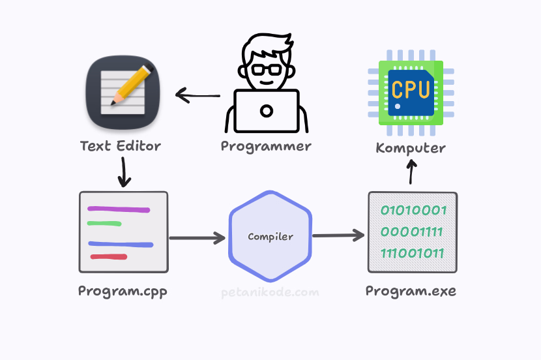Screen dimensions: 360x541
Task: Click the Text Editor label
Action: pyautogui.click(x=120, y=145)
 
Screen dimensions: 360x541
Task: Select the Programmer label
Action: pyautogui.click(x=266, y=146)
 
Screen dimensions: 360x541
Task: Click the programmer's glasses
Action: pyautogui.click(x=265, y=68)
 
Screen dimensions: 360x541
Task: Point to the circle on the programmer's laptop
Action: pyautogui.click(x=266, y=111)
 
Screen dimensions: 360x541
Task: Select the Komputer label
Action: pyautogui.click(x=411, y=148)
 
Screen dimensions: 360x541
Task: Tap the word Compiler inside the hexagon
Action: pyautogui.click(x=270, y=237)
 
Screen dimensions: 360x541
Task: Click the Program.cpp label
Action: pyautogui.click(x=123, y=292)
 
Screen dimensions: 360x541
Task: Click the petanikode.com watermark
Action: pyautogui.click(x=270, y=292)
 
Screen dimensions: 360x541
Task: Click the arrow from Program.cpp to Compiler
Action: pyautogui.click(x=197, y=238)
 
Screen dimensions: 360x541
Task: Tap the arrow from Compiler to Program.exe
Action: pyautogui.click(x=338, y=235)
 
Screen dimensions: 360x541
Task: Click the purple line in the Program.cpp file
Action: pyautogui.click(x=119, y=209)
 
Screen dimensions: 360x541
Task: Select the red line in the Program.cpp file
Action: pyautogui.click(x=108, y=257)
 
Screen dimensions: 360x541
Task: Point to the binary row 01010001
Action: pyautogui.click(x=413, y=211)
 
